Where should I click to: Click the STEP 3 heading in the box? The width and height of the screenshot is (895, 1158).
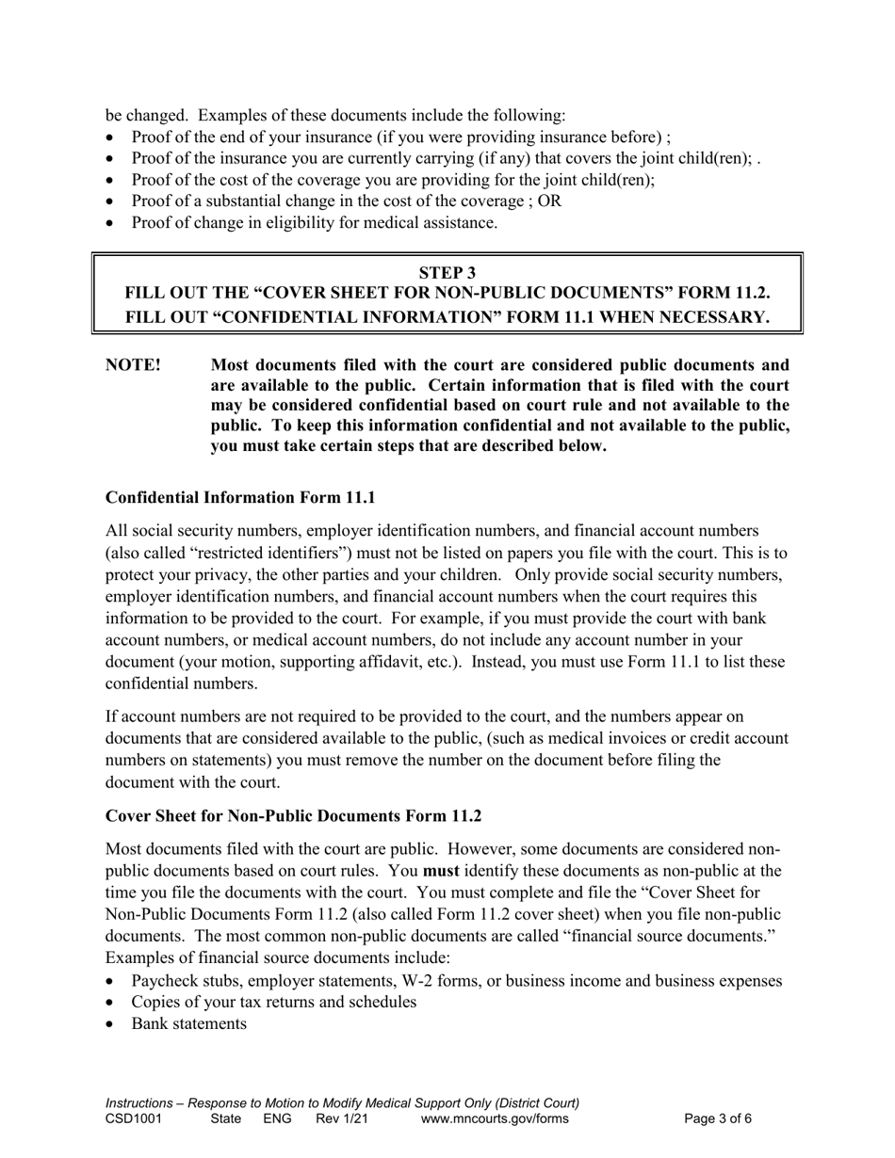pos(447,273)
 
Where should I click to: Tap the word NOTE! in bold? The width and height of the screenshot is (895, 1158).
pos(133,365)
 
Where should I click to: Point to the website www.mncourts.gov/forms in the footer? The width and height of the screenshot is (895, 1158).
pos(495,1119)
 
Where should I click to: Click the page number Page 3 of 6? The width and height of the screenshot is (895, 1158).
pos(718,1119)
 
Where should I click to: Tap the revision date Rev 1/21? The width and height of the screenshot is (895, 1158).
pos(342,1119)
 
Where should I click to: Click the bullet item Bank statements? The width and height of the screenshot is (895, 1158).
pos(189,1023)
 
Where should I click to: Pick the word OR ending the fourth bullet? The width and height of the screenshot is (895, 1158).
pos(550,201)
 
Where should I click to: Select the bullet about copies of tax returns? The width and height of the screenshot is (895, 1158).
pos(273,1002)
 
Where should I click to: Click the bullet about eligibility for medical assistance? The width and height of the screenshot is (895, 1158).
pos(314,223)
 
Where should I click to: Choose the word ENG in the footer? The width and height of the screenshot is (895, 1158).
pos(277,1119)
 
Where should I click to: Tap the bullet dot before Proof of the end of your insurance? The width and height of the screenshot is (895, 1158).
pos(112,137)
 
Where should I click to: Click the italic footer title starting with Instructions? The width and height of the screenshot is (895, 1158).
pos(342,1102)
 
